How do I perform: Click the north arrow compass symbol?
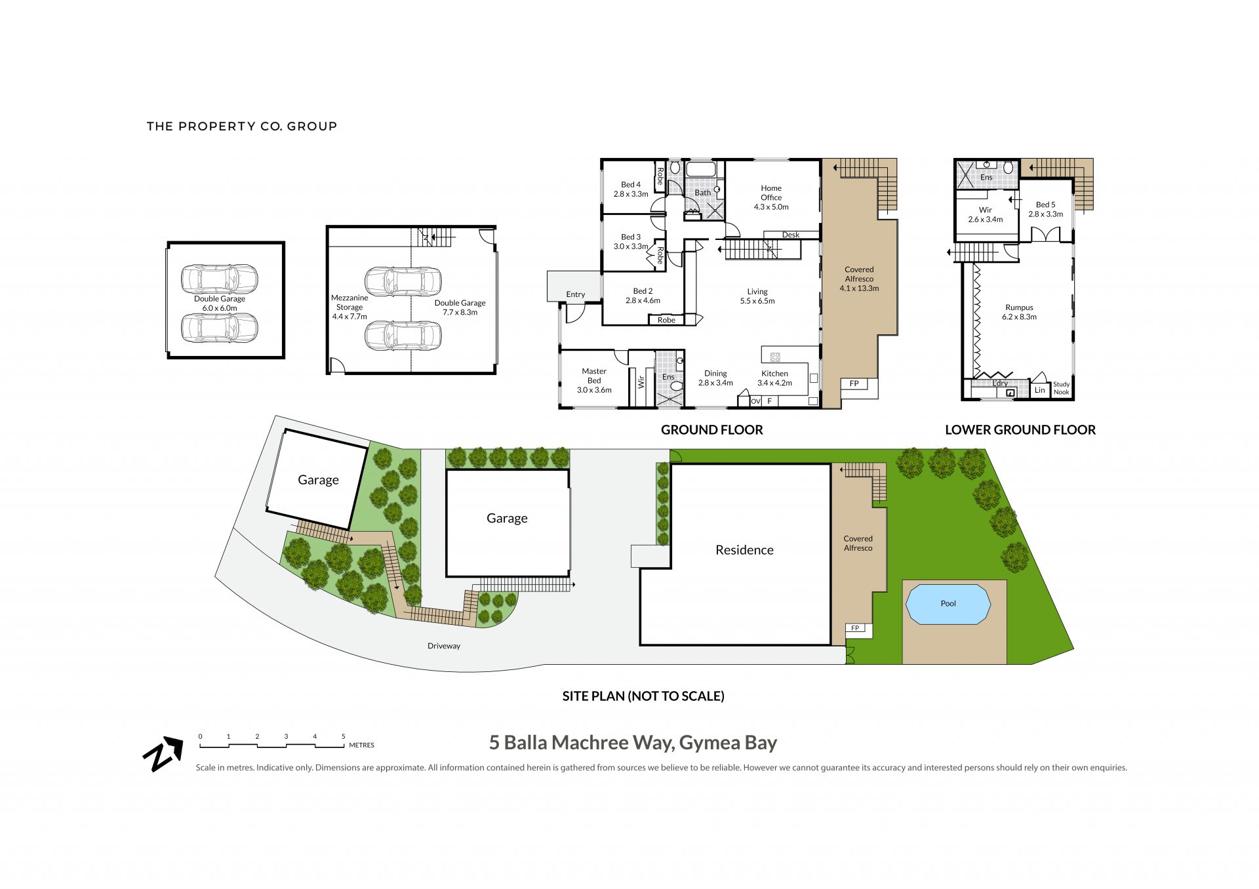click(x=163, y=754)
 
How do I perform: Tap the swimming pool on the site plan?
click(x=948, y=604)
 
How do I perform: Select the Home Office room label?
click(x=771, y=193)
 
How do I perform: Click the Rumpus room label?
click(x=1019, y=307)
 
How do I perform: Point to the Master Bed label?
click(x=594, y=376)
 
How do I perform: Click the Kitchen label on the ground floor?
click(x=774, y=374)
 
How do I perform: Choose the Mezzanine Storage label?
click(x=350, y=302)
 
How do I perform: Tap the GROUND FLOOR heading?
click(x=712, y=430)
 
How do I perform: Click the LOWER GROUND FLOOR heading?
click(x=1020, y=430)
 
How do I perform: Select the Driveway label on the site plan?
click(x=444, y=646)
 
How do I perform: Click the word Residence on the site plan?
click(x=744, y=550)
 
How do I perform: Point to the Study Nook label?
click(x=1061, y=388)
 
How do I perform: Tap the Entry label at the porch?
click(x=575, y=294)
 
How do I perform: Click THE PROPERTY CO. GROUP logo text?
click(x=242, y=126)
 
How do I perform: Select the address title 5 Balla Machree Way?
click(x=633, y=743)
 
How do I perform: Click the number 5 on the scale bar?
click(x=343, y=737)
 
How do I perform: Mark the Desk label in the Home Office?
click(x=791, y=235)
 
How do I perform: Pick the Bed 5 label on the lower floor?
click(x=1045, y=205)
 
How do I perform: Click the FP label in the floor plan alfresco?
click(x=854, y=384)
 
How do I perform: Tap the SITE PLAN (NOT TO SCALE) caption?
click(x=643, y=696)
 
